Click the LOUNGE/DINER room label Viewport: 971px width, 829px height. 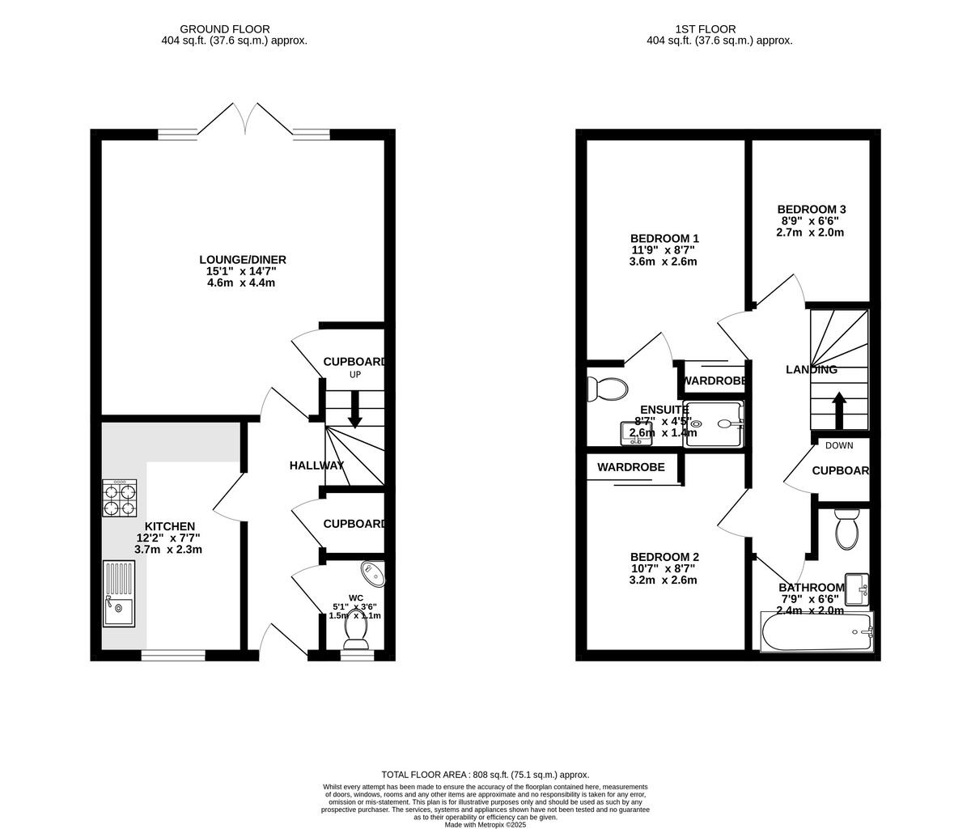pos(243,260)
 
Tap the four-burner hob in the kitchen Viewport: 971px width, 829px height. pos(119,498)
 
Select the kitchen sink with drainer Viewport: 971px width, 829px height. pos(119,594)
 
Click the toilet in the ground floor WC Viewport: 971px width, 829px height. pos(356,631)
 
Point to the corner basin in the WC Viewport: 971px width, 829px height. pos(374,574)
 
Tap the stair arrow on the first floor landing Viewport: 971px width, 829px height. pos(839,410)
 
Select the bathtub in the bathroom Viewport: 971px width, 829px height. pos(816,632)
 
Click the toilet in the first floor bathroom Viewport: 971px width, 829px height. pos(846,529)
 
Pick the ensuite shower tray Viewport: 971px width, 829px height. pos(713,423)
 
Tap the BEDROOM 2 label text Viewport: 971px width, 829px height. pos(664,557)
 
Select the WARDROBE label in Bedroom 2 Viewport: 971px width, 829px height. pos(631,467)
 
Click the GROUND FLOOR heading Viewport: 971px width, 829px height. pos(225,29)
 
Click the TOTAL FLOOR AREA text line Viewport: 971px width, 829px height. pos(485,775)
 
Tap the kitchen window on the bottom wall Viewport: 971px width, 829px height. pos(173,655)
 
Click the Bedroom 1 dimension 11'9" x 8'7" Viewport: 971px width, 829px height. pos(664,250)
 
